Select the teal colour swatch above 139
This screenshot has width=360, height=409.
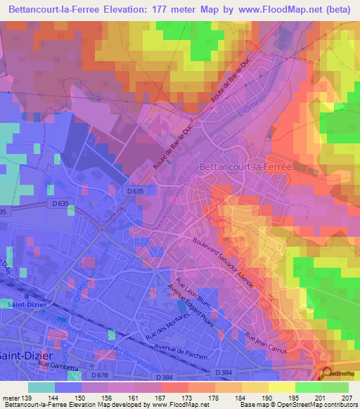[41, 387]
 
